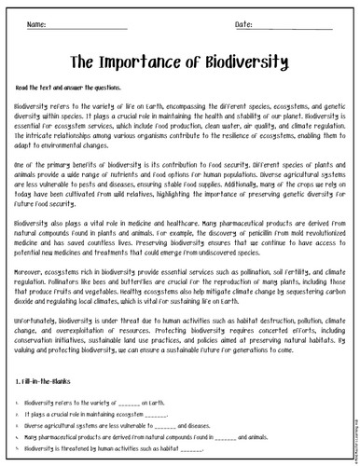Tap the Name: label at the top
[x=38, y=23]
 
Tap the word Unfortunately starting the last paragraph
[x=38, y=317]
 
